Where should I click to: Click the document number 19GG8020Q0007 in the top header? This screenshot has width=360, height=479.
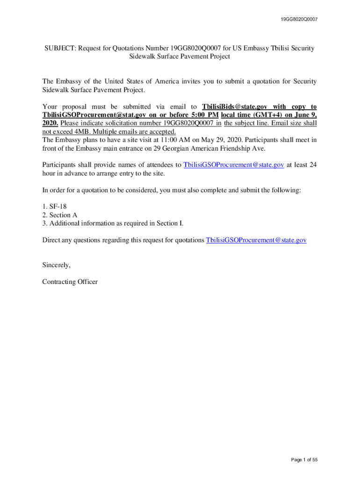tap(300, 20)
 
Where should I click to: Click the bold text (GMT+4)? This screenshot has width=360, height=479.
tap(266, 115)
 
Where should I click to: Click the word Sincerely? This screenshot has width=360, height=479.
tap(56, 265)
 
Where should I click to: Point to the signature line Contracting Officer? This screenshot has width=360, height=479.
tap(70, 282)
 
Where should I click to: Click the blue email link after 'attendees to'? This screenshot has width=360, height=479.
tap(234, 165)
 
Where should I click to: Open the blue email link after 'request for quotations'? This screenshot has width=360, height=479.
tap(256, 240)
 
